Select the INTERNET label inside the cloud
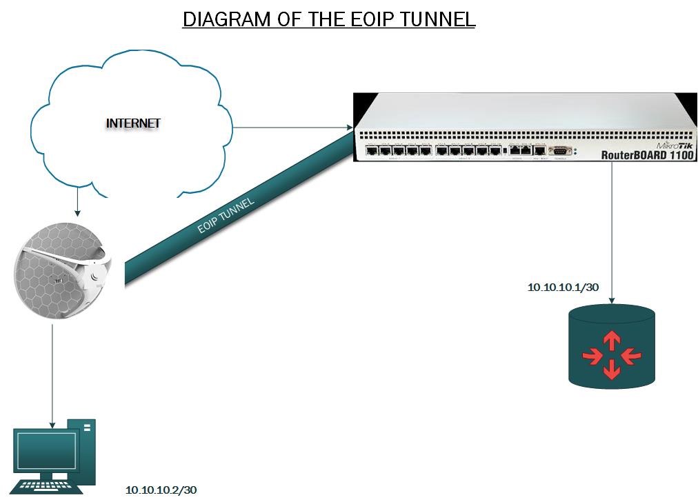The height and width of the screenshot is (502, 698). [x=133, y=123]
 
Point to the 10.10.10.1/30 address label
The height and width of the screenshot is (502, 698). [x=563, y=287]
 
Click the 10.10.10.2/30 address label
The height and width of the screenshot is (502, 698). [x=161, y=490]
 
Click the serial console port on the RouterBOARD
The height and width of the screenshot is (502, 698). [x=559, y=150]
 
